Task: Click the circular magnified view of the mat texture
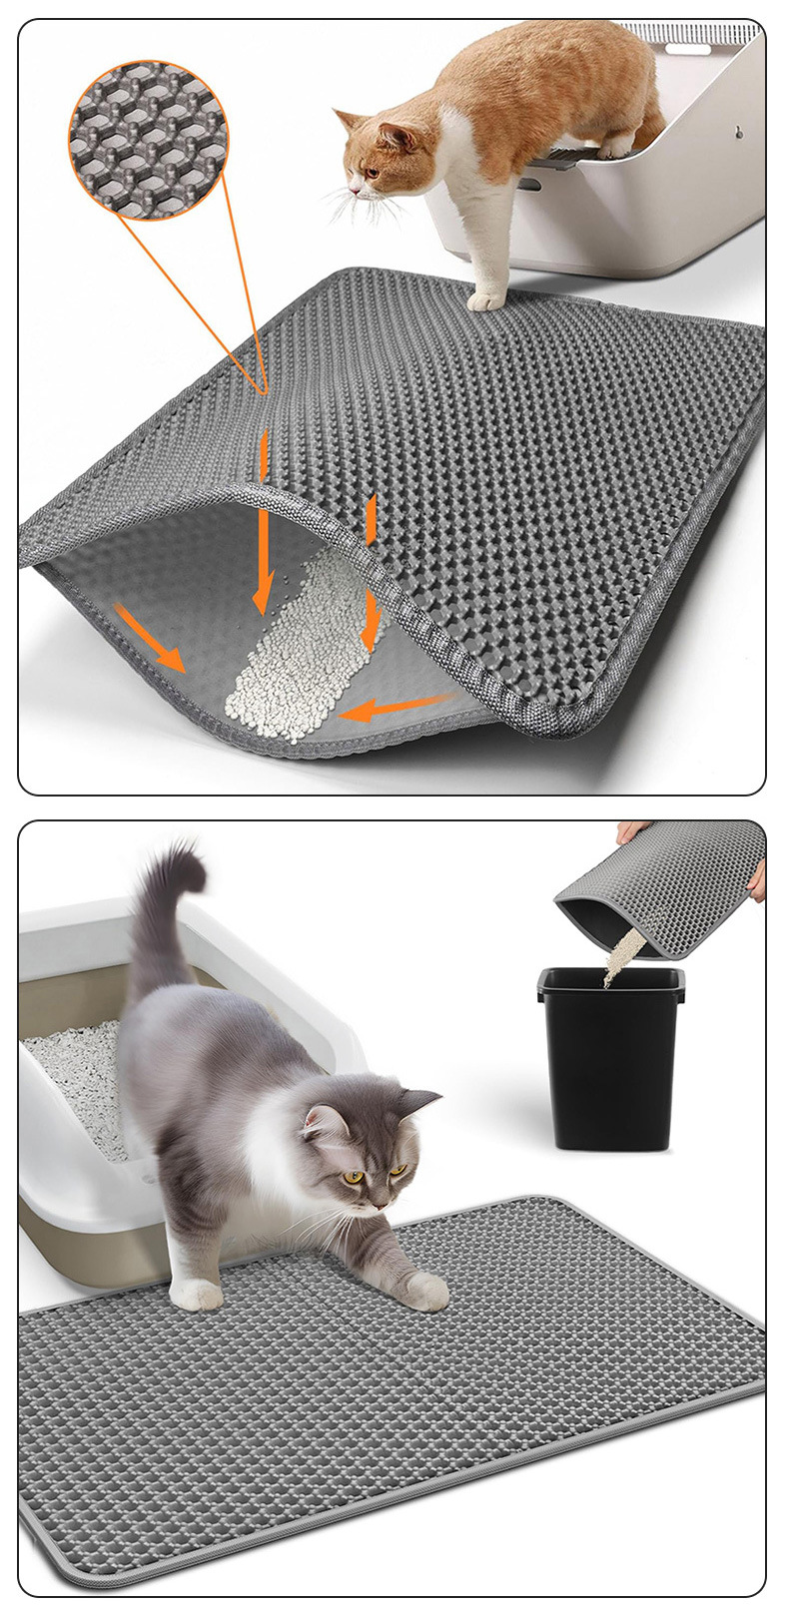148,139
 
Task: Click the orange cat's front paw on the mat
486,299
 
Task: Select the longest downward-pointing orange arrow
262,519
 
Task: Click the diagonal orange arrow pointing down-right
150,636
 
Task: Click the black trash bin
609,1058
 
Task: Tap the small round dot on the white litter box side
740,131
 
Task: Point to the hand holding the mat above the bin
634,830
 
